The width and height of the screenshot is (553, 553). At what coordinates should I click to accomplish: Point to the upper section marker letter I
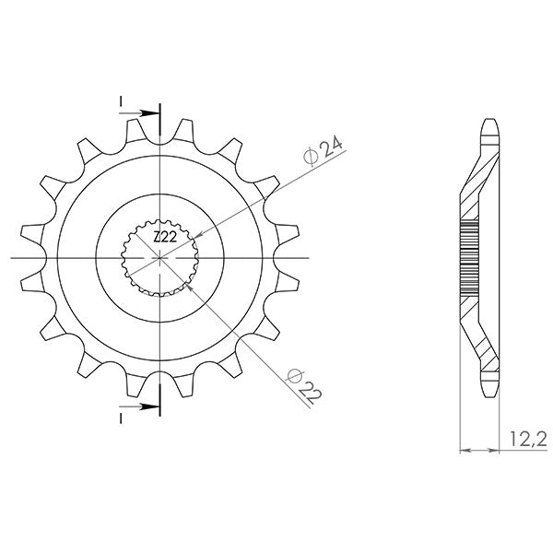120,100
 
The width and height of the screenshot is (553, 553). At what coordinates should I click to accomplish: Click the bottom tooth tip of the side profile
488,394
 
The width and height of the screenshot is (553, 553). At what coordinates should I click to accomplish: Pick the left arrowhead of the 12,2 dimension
462,452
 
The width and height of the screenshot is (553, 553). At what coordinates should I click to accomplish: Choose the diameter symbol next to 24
311,158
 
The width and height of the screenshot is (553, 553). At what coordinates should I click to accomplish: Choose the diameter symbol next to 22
294,374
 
